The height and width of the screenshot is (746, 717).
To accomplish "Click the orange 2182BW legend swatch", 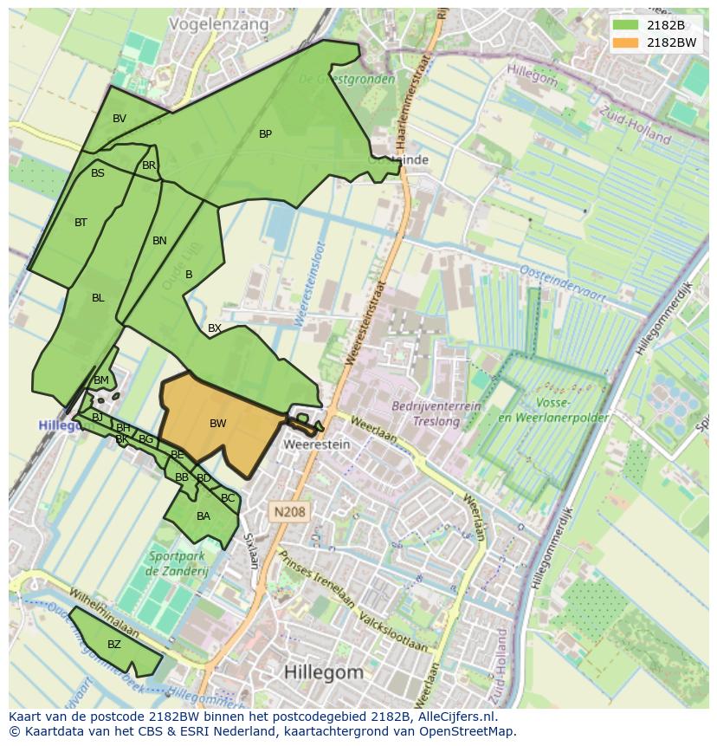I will pyautogui.click(x=624, y=42).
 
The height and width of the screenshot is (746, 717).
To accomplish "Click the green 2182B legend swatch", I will pyautogui.click(x=624, y=25).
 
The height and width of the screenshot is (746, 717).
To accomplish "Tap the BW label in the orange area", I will pyautogui.click(x=217, y=424).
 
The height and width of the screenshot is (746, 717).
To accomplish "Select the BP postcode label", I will pyautogui.click(x=265, y=134).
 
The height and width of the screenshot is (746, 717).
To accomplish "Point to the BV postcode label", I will pyautogui.click(x=119, y=119).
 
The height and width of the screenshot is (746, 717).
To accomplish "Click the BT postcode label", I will pyautogui.click(x=81, y=223).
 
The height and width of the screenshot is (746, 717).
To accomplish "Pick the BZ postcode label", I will pyautogui.click(x=114, y=645).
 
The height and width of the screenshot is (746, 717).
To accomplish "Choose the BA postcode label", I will pyautogui.click(x=203, y=516).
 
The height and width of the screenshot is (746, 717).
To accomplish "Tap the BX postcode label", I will pyautogui.click(x=215, y=328).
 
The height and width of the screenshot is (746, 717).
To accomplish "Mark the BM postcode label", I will pyautogui.click(x=101, y=380).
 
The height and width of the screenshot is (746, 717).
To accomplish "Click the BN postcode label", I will pyautogui.click(x=159, y=241).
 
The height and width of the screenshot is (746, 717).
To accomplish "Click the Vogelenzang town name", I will pyautogui.click(x=218, y=24).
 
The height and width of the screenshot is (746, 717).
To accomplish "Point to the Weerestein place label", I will pyautogui.click(x=317, y=444).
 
